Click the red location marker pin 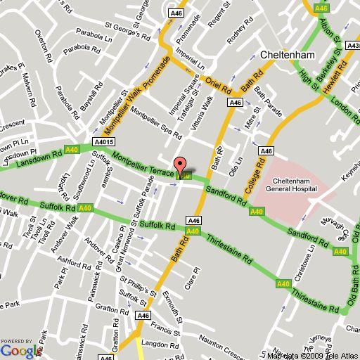pyautogui.click(x=180, y=167)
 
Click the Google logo pyautogui.click(x=21, y=349)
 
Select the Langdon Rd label pyautogui.click(x=157, y=344)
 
